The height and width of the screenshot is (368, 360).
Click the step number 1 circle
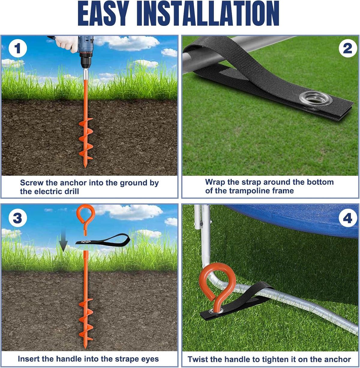click(18, 49)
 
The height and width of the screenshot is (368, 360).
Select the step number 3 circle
click(18, 218)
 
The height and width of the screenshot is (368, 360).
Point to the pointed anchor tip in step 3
click(85, 348)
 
